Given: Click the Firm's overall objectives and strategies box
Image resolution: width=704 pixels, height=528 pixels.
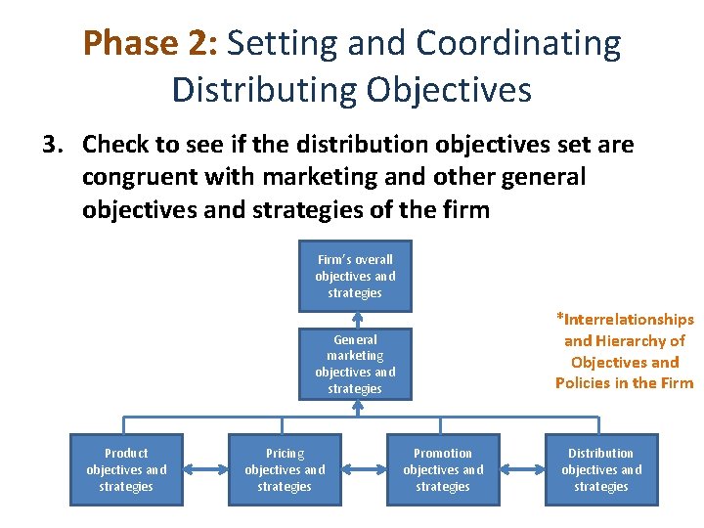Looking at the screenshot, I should click(x=355, y=276).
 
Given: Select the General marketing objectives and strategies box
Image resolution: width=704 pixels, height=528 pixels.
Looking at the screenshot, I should click(x=355, y=364).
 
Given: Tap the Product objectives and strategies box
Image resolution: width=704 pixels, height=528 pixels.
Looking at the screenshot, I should click(x=126, y=469).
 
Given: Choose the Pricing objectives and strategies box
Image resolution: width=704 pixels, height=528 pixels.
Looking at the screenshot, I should click(x=285, y=469).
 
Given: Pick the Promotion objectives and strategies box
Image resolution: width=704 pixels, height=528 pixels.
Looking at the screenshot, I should click(x=443, y=469).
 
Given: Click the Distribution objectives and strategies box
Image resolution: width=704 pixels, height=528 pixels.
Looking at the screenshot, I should click(x=601, y=469).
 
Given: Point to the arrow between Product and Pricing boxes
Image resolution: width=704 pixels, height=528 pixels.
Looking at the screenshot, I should click(x=205, y=470).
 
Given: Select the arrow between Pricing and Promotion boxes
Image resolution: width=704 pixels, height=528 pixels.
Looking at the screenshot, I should click(x=364, y=470).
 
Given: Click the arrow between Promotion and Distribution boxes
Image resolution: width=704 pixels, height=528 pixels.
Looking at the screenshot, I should click(x=522, y=470).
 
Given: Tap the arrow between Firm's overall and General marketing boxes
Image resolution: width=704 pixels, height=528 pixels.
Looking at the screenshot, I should click(x=357, y=320).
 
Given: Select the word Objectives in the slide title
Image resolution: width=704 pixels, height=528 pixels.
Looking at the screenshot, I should click(x=449, y=89).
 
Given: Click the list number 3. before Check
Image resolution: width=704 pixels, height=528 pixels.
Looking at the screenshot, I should click(x=52, y=146).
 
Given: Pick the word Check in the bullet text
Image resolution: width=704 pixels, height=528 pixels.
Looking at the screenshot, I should click(x=116, y=146).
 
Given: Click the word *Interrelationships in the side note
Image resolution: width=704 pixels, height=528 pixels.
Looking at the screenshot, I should click(x=625, y=320).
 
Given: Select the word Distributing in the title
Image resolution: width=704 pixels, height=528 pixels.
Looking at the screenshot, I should click(x=264, y=89).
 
